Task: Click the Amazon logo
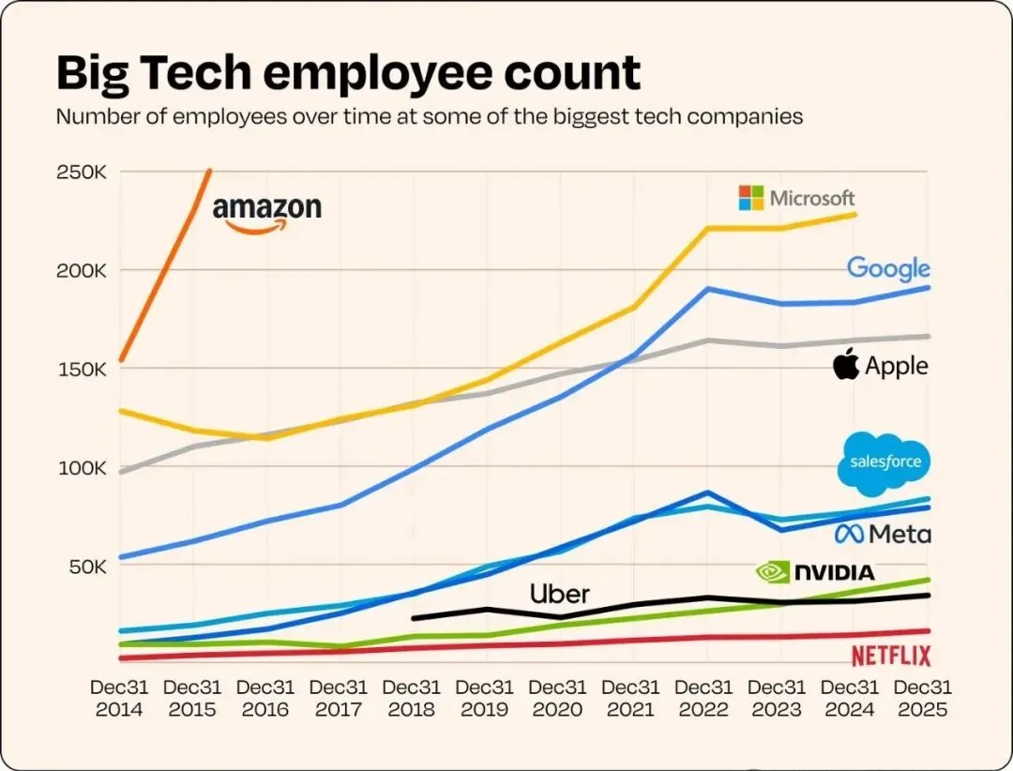tap(266, 213)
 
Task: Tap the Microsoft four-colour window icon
tap(751, 198)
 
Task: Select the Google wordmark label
tap(888, 269)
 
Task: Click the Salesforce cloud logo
tap(885, 462)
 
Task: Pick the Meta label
tap(884, 534)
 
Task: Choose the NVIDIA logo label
tap(815, 571)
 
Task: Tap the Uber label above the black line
tap(559, 594)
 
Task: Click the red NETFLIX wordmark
tap(891, 655)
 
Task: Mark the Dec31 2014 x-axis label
tap(119, 698)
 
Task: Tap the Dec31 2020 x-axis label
tap(559, 698)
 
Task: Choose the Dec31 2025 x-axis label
tap(924, 698)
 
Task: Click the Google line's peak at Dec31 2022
tap(705, 289)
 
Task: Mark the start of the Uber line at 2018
tap(413, 618)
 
